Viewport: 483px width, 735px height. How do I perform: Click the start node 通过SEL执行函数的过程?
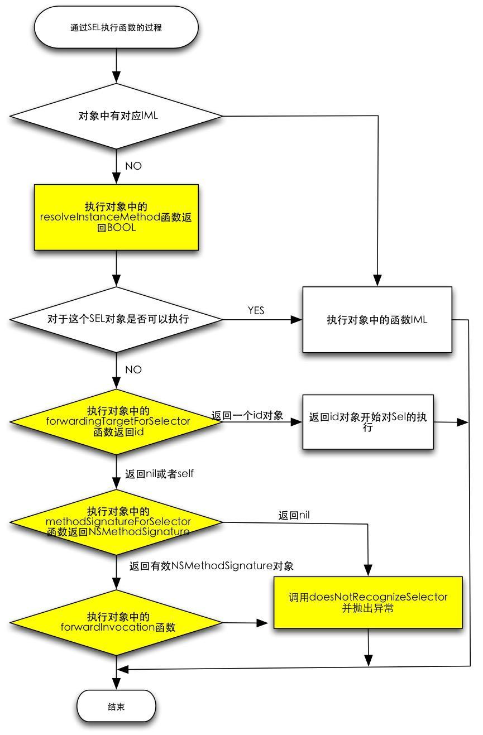pyautogui.click(x=116, y=27)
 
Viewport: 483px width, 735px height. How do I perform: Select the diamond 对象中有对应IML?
pyautogui.click(x=116, y=116)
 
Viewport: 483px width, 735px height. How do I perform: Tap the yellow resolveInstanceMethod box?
pyautogui.click(x=116, y=217)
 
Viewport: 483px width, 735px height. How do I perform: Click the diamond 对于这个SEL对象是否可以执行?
pyautogui.click(x=116, y=320)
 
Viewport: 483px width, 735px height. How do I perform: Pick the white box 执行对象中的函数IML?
pyautogui.click(x=377, y=320)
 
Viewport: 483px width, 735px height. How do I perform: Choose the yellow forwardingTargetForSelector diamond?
pyautogui.click(x=116, y=421)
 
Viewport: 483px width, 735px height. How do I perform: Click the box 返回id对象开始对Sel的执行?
pyautogui.click(x=368, y=422)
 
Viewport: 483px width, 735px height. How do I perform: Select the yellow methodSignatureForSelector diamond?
pyautogui.click(x=116, y=522)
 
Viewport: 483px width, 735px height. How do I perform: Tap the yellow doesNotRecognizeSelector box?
pyautogui.click(x=368, y=602)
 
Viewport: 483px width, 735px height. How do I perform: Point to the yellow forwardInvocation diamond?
pyautogui.click(x=116, y=622)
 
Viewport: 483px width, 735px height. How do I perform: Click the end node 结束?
pyautogui.click(x=116, y=707)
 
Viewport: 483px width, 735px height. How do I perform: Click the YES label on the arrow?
pyautogui.click(x=256, y=311)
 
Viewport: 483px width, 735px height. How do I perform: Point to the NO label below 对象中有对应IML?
pyautogui.click(x=133, y=166)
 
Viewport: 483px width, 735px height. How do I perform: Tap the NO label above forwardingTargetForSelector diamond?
pyautogui.click(x=133, y=370)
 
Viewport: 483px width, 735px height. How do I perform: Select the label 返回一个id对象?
pyautogui.click(x=247, y=416)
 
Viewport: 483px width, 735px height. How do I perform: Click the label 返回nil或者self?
pyautogui.click(x=159, y=474)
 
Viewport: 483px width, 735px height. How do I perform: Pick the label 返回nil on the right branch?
pyautogui.click(x=294, y=515)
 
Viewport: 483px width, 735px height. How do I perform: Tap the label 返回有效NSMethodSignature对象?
pyautogui.click(x=211, y=566)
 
